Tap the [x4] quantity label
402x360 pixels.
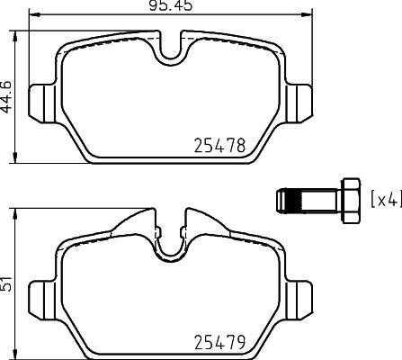tap(386, 198)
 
